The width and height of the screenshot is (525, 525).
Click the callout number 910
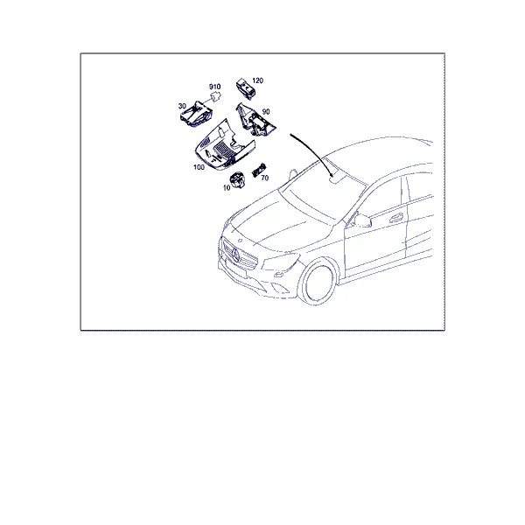pyautogui.click(x=214, y=87)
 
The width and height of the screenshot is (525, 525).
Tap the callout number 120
pyautogui.click(x=257, y=80)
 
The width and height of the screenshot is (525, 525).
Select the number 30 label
pyautogui.click(x=182, y=106)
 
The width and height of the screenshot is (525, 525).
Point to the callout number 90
pyautogui.click(x=266, y=111)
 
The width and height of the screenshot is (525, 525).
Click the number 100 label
pyautogui.click(x=199, y=167)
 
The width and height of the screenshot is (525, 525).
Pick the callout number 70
pyautogui.click(x=264, y=178)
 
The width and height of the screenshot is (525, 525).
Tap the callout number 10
pyautogui.click(x=227, y=188)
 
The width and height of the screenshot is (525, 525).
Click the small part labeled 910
pyautogui.click(x=216, y=96)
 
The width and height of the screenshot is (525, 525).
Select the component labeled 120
pyautogui.click(x=245, y=88)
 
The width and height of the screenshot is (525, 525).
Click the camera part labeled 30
pyautogui.click(x=195, y=114)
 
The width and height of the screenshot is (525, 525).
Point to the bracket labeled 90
pyautogui.click(x=255, y=120)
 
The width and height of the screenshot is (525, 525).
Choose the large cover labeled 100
pyautogui.click(x=224, y=145)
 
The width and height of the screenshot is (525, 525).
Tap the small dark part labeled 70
pyautogui.click(x=258, y=170)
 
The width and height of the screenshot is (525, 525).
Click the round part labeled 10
pyautogui.click(x=238, y=179)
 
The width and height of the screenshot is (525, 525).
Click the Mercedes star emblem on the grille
pyautogui.click(x=234, y=255)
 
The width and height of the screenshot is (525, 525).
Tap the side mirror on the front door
pyautogui.click(x=362, y=220)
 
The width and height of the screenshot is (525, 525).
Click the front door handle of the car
pyautogui.click(x=396, y=217)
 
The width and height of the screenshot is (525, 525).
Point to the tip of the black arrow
pyautogui.click(x=332, y=177)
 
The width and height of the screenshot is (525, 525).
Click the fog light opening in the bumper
pyautogui.click(x=278, y=275)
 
